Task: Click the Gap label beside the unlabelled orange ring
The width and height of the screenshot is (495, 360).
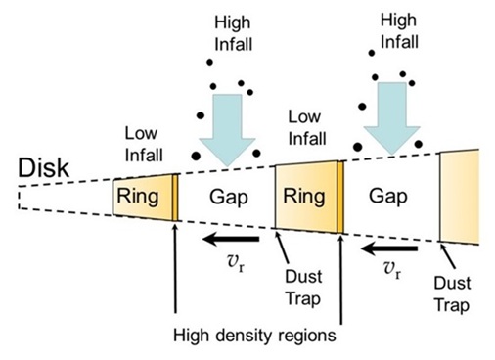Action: [388, 197]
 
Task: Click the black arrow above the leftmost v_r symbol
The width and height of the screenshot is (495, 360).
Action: [229, 237]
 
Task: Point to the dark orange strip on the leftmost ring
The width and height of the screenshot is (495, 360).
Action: [175, 198]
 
